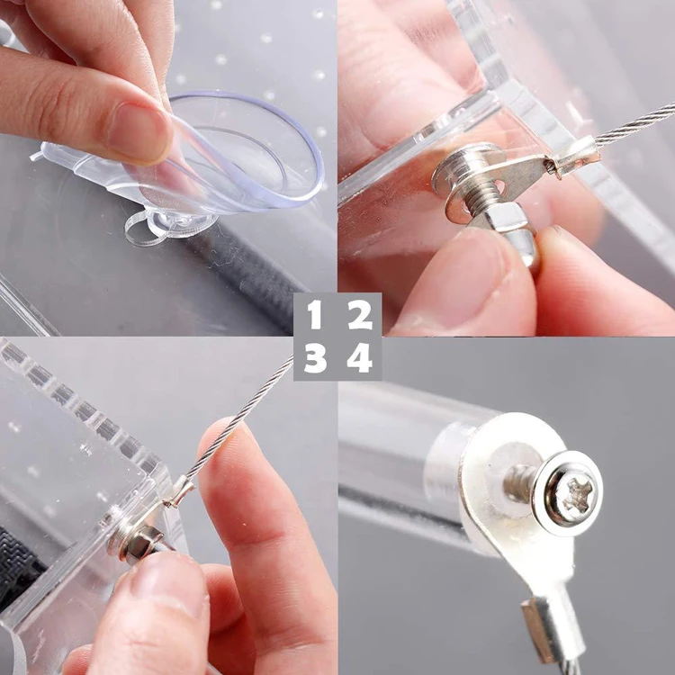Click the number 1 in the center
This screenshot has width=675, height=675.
(314, 316)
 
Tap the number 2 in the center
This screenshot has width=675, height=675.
(360, 316)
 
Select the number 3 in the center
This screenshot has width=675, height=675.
(314, 359)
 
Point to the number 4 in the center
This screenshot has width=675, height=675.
(360, 359)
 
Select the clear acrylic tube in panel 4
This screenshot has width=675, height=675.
(405, 450)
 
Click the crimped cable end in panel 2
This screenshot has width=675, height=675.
(576, 155)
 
